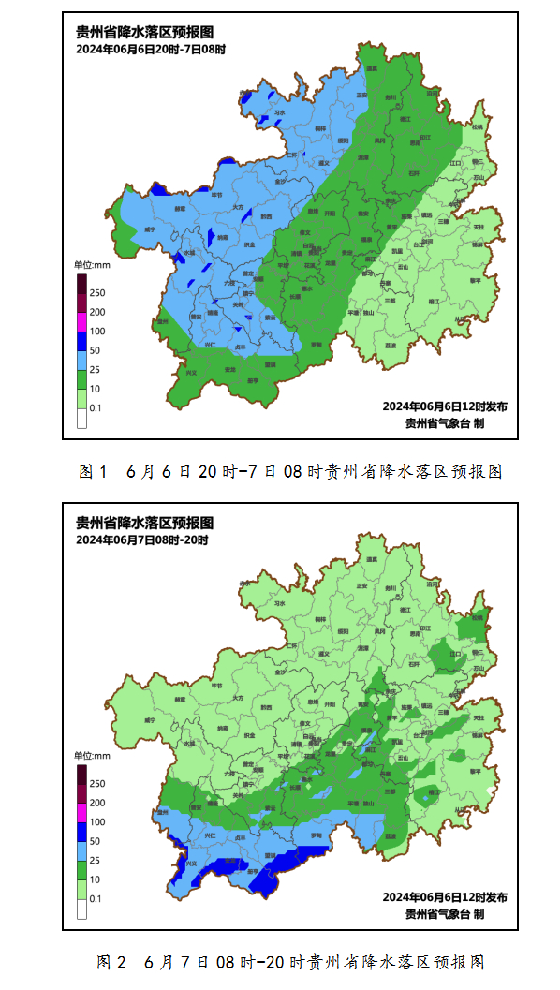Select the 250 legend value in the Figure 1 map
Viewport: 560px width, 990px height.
(97, 293)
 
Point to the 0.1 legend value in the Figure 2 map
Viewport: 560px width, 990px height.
(96, 898)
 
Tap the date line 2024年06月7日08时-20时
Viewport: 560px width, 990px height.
(142, 539)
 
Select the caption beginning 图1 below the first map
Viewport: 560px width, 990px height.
(290, 471)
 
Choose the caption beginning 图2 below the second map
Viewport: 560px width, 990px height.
(290, 962)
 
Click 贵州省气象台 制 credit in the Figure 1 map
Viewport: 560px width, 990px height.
(445, 422)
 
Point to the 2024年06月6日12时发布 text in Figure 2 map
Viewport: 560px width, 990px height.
(445, 896)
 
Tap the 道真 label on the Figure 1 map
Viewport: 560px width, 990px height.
(372, 68)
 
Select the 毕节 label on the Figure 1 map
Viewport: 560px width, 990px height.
(217, 196)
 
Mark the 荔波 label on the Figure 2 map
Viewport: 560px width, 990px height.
(390, 836)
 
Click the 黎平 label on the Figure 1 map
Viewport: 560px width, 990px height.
(475, 280)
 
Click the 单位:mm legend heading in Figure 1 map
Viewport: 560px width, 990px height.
(92, 265)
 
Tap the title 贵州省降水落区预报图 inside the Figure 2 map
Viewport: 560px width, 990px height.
(144, 523)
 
